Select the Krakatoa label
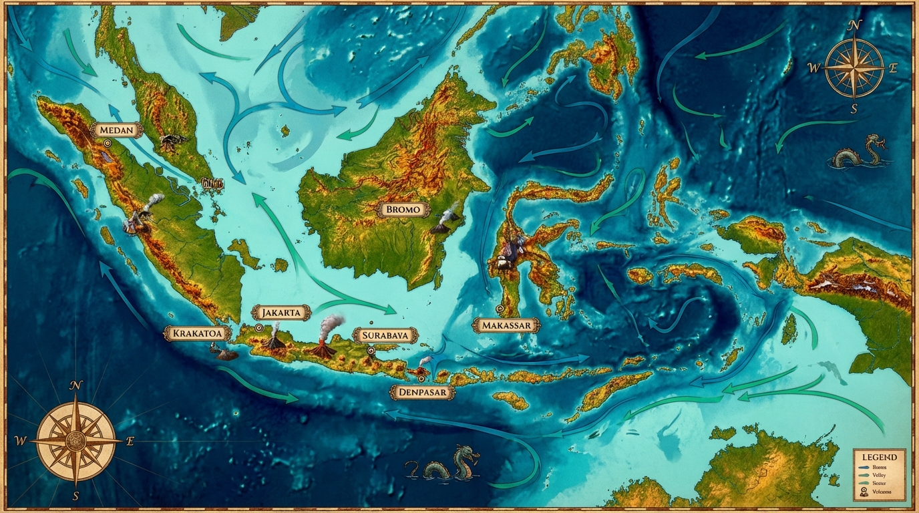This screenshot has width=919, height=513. point(197,333)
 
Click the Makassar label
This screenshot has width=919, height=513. point(506,325)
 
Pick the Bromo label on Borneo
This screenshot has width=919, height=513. point(403,209)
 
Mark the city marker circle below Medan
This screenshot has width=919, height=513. point(107,142)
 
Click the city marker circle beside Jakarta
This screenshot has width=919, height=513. point(258,328)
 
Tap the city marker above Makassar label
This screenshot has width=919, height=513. point(500,309)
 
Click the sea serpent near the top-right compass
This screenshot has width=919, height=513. point(860,154)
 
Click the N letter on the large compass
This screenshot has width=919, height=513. point(76,385)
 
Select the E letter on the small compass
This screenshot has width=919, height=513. point(894,67)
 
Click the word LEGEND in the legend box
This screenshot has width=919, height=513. point(878,456)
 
